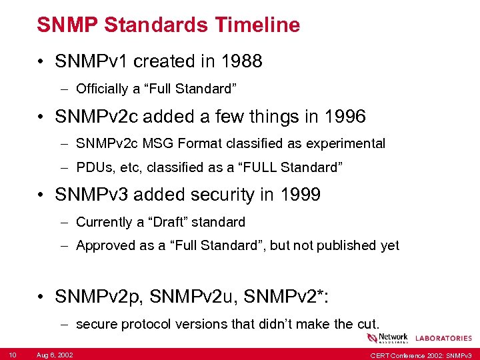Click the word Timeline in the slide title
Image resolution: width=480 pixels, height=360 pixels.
coord(257,25)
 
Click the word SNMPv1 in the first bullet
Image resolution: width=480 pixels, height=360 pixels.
coord(92,62)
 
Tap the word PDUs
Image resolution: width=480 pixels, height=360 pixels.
coord(93,167)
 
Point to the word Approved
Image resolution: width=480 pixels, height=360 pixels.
coord(105,246)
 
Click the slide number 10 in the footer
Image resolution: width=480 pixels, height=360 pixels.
coord(13,354)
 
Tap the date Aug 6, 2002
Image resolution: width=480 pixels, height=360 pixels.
coord(55,354)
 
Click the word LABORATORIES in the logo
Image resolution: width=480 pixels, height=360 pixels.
coord(443,339)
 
